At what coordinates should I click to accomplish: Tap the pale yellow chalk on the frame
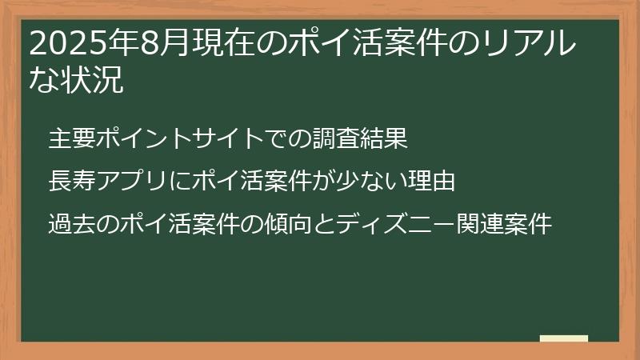564,338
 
